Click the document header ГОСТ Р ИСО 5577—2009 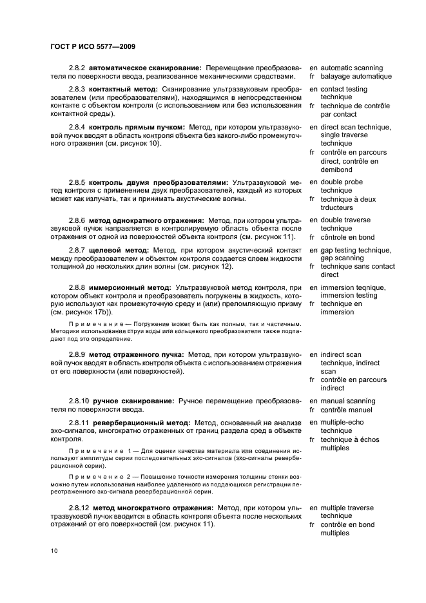click(92, 47)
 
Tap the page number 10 click(54, 551)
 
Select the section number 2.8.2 click(77, 68)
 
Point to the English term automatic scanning click(351, 68)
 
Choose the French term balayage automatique click(356, 77)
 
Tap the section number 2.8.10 click(79, 401)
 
